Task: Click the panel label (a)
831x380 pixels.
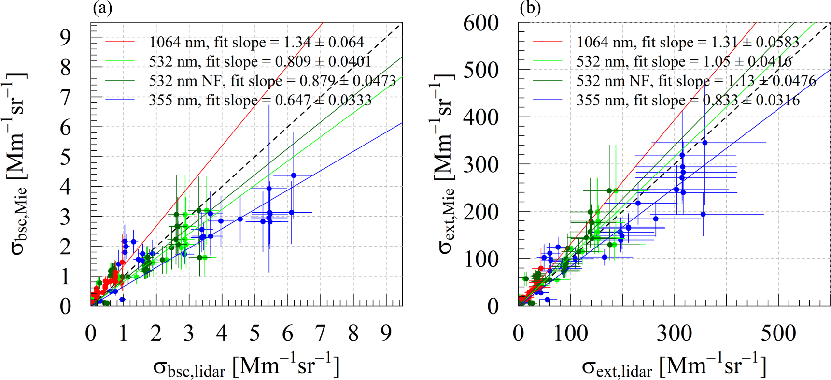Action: [103, 8]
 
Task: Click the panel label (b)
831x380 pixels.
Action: [530, 8]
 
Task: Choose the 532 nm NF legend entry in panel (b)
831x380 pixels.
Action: [696, 81]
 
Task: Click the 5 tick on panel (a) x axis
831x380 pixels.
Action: [254, 334]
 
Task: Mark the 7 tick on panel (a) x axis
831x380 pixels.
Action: [320, 334]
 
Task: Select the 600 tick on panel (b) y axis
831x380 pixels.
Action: [481, 23]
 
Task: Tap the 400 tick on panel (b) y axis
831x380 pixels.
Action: [481, 117]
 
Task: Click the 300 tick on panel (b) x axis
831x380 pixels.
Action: [675, 334]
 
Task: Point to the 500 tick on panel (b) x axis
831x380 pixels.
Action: [778, 334]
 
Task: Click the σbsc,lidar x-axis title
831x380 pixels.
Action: [246, 366]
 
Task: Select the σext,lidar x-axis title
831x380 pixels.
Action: [674, 366]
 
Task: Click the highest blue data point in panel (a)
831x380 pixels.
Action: [294, 175]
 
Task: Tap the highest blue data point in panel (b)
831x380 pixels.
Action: [705, 143]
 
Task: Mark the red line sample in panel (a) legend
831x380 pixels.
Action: [120, 43]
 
